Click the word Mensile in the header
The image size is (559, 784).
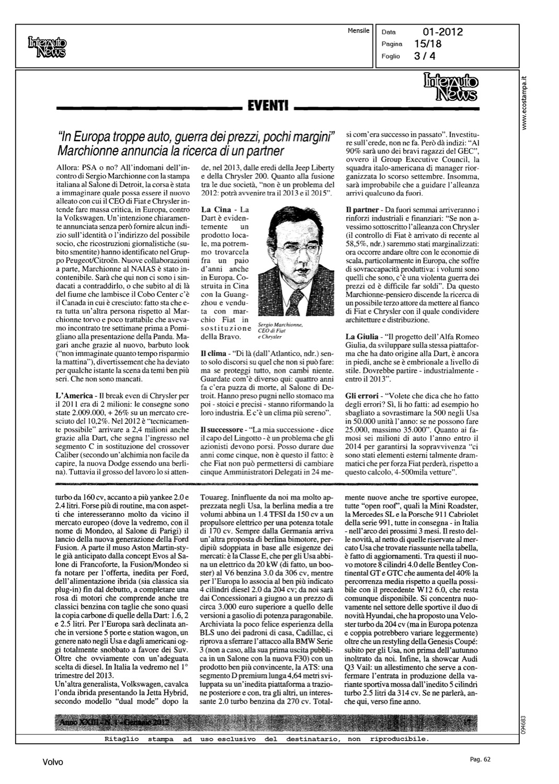click(359, 31)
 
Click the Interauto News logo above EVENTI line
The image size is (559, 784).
click(451, 86)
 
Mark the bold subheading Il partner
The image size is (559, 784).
click(363, 210)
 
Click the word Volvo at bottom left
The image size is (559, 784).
click(52, 762)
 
